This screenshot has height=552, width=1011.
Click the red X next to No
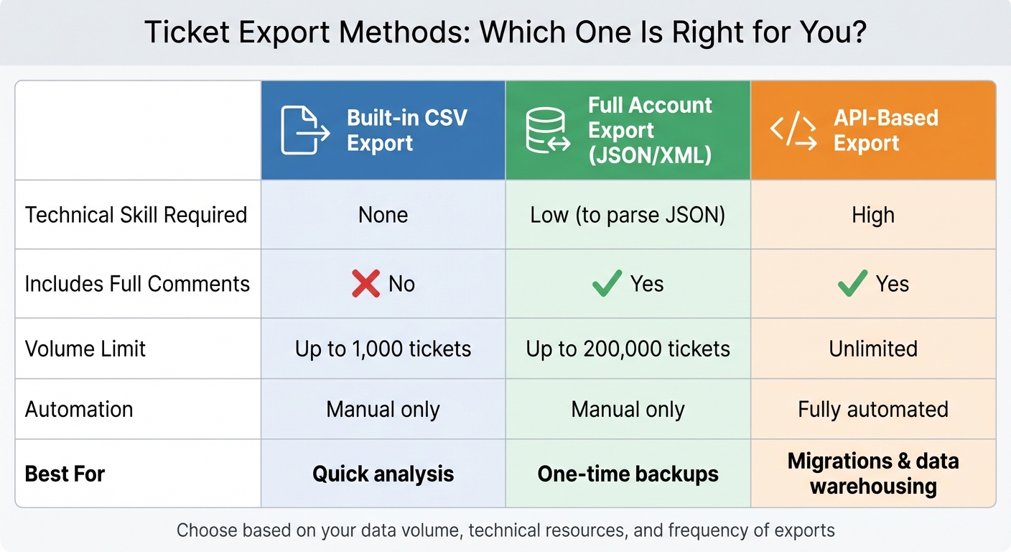[365, 284]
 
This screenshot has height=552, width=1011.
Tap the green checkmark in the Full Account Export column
[607, 284]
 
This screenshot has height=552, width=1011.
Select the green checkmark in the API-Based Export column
[853, 284]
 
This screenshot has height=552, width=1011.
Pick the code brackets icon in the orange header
[793, 130]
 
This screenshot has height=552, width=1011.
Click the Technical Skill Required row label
[136, 215]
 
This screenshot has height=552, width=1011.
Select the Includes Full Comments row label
[137, 284]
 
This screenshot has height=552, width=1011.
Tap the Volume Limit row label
[85, 349]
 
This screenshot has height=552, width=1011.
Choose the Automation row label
[79, 409]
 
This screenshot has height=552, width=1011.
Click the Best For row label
[65, 474]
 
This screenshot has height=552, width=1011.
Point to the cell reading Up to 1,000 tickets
[383, 349]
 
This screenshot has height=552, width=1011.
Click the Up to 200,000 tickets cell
[628, 349]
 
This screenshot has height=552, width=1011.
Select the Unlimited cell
[873, 349]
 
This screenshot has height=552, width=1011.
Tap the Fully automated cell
[873, 409]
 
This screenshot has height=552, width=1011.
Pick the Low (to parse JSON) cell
[628, 215]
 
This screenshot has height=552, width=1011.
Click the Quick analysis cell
[383, 474]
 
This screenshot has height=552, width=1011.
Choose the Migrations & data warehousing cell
[873, 473]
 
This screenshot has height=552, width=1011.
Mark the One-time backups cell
[628, 474]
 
